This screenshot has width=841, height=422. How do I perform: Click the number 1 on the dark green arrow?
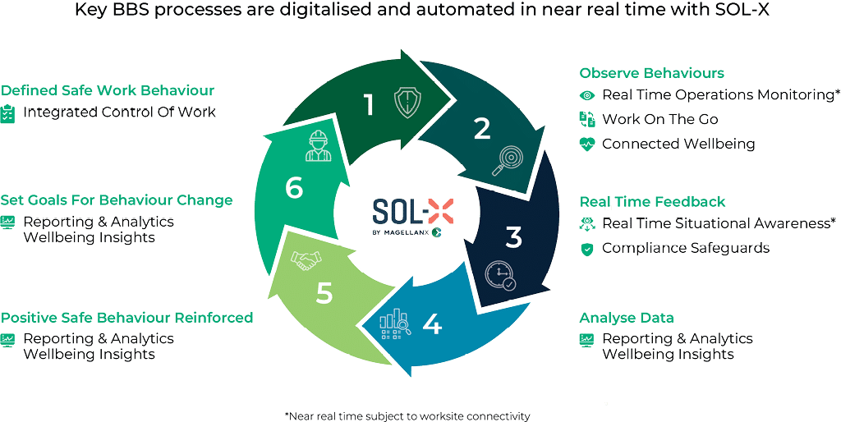(x=369, y=105)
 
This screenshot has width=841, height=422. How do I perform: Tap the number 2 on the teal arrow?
(x=481, y=128)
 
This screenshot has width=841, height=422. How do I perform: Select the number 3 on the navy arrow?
(x=513, y=238)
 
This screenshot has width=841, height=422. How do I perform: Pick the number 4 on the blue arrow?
(x=432, y=324)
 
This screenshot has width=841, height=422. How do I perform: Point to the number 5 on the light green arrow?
(x=324, y=293)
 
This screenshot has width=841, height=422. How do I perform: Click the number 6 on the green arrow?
(x=294, y=188)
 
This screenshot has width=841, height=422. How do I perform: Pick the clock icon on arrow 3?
(x=500, y=275)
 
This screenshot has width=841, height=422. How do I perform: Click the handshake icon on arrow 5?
(x=306, y=260)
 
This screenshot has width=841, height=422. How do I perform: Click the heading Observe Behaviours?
(x=652, y=73)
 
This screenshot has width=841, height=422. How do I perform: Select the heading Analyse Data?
(x=627, y=319)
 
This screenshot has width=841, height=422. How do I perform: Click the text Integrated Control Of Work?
(x=119, y=112)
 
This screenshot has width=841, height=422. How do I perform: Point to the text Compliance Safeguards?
(x=685, y=247)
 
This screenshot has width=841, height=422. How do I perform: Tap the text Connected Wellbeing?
(x=678, y=144)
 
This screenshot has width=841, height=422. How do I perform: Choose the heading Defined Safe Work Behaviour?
(x=108, y=90)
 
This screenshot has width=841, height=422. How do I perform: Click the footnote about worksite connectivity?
(x=407, y=415)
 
